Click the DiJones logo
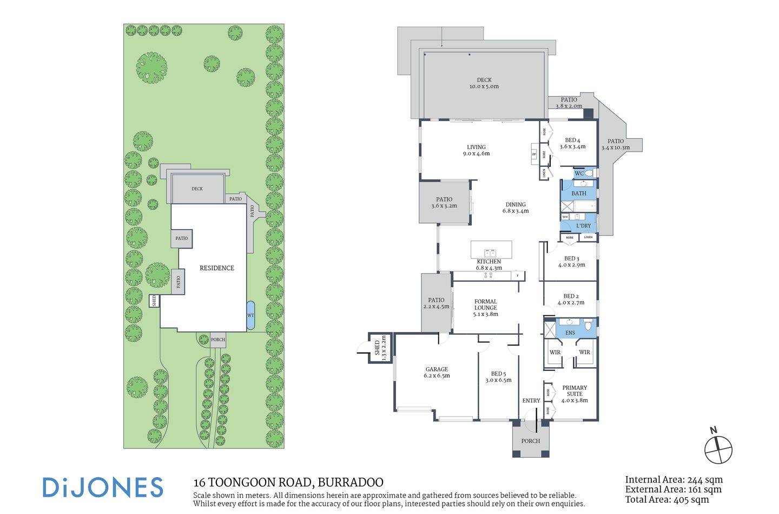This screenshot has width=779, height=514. (103, 487)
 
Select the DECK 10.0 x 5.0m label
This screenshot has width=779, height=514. (484, 83)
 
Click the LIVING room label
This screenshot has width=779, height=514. (476, 150)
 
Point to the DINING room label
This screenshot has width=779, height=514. (515, 207)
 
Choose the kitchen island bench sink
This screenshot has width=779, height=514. (490, 252)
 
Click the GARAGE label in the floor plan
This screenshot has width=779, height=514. (437, 372)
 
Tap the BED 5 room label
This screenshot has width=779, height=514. (498, 376)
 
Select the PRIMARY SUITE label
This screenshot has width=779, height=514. (574, 394)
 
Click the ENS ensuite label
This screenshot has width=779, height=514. (570, 333)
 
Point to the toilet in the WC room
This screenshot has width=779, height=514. (589, 173)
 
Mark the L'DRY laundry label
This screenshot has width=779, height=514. (583, 225)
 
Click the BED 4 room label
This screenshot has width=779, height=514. (572, 143)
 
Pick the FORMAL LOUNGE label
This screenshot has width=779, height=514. (485, 307)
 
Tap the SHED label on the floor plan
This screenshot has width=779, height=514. (377, 348)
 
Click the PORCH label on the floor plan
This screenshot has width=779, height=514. (530, 441)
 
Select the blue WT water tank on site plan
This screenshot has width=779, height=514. (250, 315)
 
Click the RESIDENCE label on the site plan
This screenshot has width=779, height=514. (217, 268)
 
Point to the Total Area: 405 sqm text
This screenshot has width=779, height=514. (666, 499)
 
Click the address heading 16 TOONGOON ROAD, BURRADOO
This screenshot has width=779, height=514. (288, 482)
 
